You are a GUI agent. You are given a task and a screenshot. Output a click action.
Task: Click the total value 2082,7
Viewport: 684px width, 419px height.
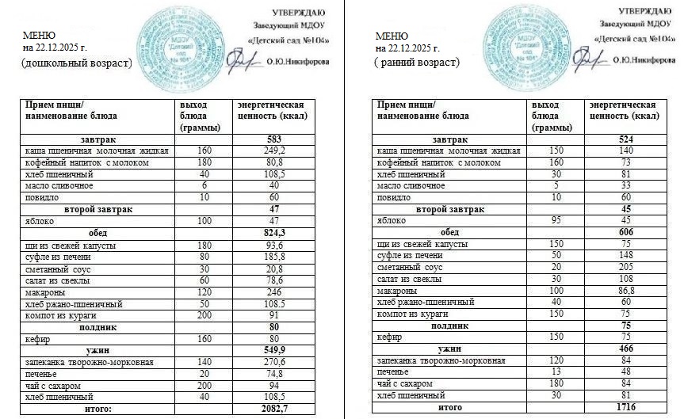[x=273, y=409]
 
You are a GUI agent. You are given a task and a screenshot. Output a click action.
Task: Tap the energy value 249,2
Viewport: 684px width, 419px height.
[x=273, y=150]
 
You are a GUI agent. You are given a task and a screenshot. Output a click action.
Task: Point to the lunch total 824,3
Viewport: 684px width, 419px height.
[x=273, y=234]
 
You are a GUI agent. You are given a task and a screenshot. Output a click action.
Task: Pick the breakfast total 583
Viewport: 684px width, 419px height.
[x=273, y=139]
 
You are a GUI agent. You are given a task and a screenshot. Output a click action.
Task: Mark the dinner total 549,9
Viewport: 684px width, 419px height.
[x=273, y=350]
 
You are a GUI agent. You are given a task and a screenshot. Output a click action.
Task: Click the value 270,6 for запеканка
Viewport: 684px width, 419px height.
[x=273, y=362]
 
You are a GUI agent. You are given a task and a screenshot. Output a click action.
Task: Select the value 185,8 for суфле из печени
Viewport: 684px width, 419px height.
[x=273, y=257]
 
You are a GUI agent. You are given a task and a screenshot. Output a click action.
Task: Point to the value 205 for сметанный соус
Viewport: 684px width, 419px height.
[x=625, y=268]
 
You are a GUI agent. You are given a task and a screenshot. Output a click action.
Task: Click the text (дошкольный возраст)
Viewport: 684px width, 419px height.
[x=76, y=63]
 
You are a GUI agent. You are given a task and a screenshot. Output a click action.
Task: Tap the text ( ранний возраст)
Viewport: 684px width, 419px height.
[x=418, y=63]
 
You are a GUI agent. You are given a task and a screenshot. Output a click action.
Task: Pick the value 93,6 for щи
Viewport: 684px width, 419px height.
[x=273, y=246]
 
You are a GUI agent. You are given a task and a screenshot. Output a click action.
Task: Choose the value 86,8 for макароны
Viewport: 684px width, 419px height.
[x=625, y=291]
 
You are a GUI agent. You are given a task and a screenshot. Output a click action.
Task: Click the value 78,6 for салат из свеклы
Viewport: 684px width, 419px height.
[x=273, y=280]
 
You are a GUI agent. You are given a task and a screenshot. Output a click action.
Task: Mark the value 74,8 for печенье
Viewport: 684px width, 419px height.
[x=273, y=374]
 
